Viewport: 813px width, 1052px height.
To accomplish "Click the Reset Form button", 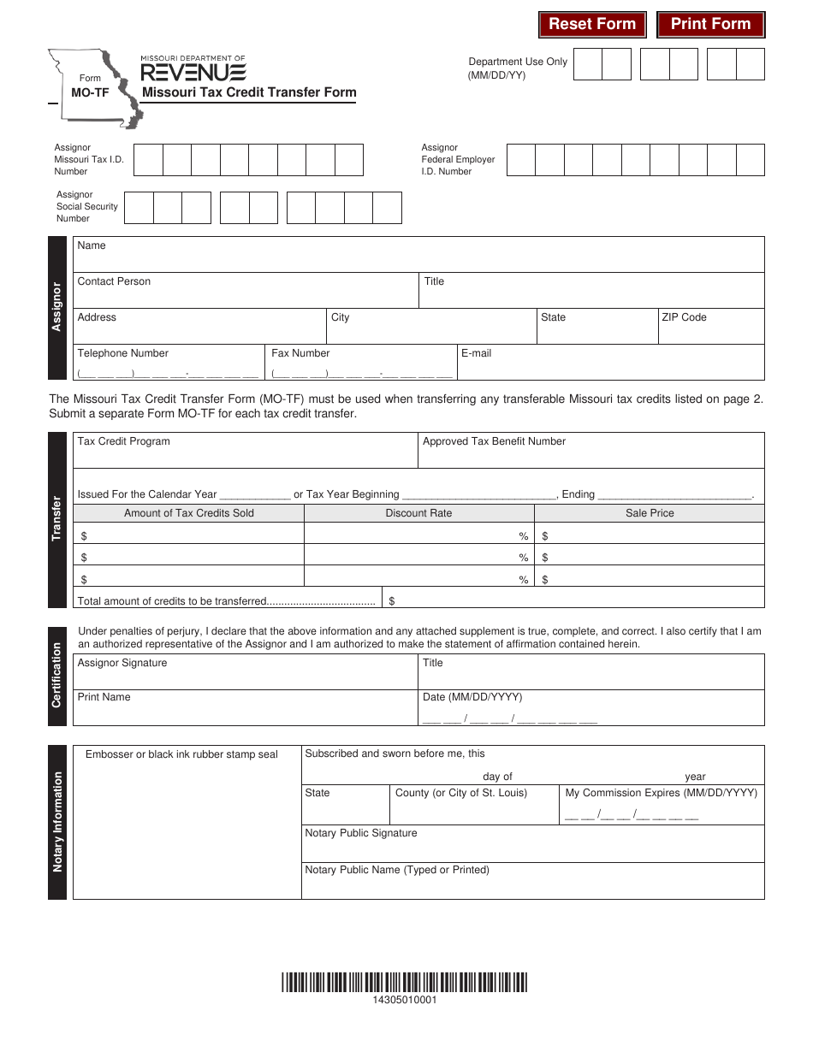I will coord(592,24).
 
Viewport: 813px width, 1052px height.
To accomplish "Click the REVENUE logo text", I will coord(193,72).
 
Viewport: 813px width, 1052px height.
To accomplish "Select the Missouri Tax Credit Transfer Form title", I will coord(249,92).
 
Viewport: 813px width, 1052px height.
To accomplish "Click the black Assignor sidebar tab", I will coord(57,307).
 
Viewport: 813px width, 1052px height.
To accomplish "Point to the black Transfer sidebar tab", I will coord(57,519).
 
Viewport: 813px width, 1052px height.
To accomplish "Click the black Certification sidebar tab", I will coord(57,676).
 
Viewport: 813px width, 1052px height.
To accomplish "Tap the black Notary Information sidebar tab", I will coord(57,822).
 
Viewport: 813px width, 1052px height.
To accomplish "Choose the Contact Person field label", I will coord(114,281).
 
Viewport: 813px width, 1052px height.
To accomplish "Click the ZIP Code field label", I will coord(683,317).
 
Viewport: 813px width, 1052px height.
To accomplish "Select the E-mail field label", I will coord(476,353).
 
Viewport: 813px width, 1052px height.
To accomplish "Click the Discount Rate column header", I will coord(418,513).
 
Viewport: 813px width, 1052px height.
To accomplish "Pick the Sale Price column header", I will coord(650,513).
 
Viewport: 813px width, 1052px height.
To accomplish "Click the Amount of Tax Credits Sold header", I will coord(189,513).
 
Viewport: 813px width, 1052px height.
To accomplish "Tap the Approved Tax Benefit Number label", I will coord(494,441).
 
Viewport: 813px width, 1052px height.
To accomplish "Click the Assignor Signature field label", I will coord(122,663).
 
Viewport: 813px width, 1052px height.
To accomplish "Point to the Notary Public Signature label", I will coord(361,833).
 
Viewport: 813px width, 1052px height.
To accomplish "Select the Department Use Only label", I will coord(518,62).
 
